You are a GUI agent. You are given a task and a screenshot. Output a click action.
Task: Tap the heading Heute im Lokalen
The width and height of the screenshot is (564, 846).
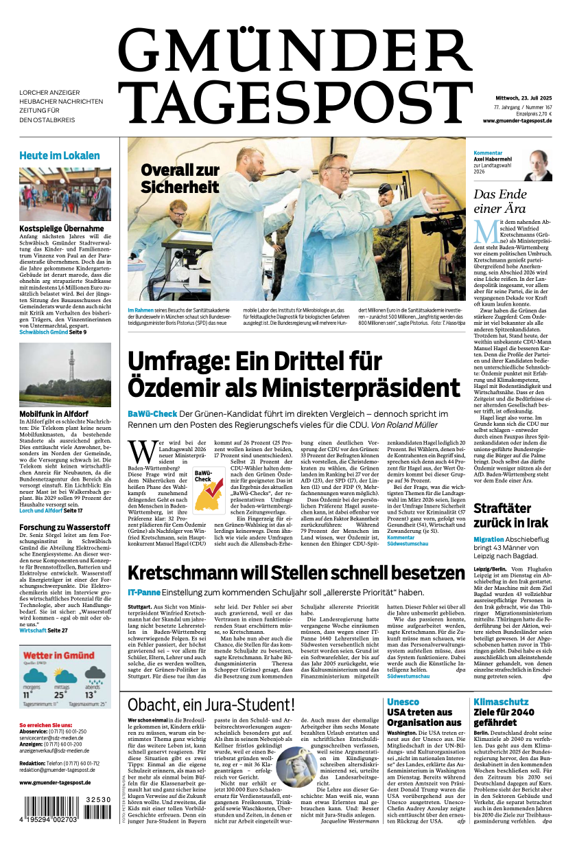pyautogui.click(x=60, y=155)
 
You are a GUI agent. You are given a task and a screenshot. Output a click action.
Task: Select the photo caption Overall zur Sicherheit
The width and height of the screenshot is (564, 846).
pyautogui.click(x=180, y=178)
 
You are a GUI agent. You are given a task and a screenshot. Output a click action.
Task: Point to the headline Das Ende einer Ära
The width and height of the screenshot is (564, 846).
pyautogui.click(x=500, y=201)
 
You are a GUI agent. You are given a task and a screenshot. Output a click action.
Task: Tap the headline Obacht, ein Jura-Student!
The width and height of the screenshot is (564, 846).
pyautogui.click(x=211, y=704)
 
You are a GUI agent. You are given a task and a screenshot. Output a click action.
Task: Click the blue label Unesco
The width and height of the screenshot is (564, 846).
pyautogui.click(x=403, y=702)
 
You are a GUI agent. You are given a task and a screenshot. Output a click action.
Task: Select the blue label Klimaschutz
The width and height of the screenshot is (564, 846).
pyautogui.click(x=501, y=702)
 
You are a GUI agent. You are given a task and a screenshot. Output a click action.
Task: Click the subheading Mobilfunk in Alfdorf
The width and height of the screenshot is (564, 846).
pyautogui.click(x=54, y=414)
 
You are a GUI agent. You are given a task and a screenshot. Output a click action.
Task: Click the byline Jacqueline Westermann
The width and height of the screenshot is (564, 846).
pyautogui.click(x=350, y=821)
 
